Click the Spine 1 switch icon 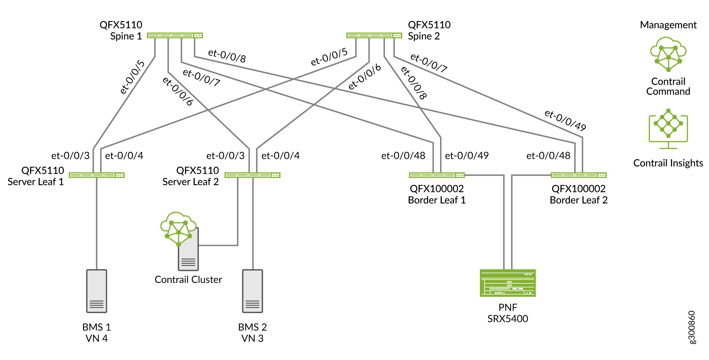(x=175, y=35)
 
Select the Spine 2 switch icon (x=374, y=35)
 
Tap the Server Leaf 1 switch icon (x=97, y=175)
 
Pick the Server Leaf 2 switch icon (x=252, y=175)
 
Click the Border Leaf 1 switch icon (x=437, y=175)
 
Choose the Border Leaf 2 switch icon (x=578, y=175)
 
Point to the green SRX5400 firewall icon (x=508, y=283)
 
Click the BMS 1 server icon (x=97, y=291)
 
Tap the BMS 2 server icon (x=252, y=291)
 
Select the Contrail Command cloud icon (x=668, y=54)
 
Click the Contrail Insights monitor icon (x=668, y=129)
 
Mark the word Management (x=668, y=25)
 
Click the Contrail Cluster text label (x=188, y=280)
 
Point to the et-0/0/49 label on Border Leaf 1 (x=467, y=156)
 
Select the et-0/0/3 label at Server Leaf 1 (x=71, y=156)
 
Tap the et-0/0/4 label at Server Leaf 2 (x=280, y=156)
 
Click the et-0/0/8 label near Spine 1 (x=227, y=56)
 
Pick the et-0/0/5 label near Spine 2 (x=329, y=57)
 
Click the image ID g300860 (x=691, y=327)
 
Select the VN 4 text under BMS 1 (x=97, y=338)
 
